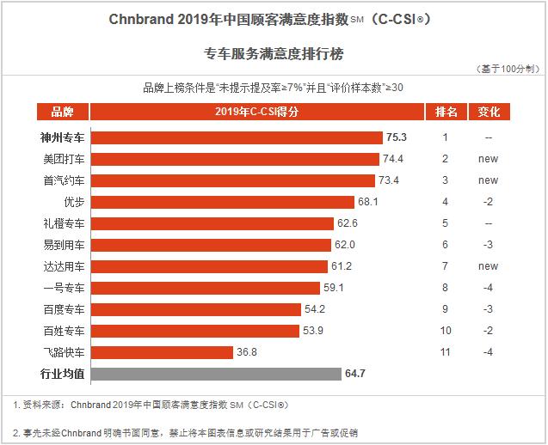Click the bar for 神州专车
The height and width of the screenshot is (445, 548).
tap(237, 137)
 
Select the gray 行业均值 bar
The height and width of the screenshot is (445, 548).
tap(216, 374)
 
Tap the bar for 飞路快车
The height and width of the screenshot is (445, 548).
tap(162, 352)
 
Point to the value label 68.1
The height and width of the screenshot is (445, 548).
tap(368, 202)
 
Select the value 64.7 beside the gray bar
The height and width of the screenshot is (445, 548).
tap(356, 374)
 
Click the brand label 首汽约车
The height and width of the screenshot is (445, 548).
tap(64, 180)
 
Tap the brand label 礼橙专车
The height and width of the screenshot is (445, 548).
tap(64, 223)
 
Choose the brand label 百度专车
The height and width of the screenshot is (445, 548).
tap(64, 309)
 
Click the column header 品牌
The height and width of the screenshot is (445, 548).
tap(63, 112)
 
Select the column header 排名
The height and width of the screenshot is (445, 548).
tap(446, 112)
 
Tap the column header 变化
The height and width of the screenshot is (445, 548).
tap(488, 112)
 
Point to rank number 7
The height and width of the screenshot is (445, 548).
tap(446, 266)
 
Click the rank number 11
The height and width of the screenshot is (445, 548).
tap(446, 352)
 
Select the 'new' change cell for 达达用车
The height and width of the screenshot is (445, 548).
tap(488, 266)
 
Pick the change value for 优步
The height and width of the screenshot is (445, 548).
tap(488, 202)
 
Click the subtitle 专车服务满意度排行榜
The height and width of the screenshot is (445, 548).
tap(274, 54)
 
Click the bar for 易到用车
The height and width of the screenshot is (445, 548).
tap(211, 245)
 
